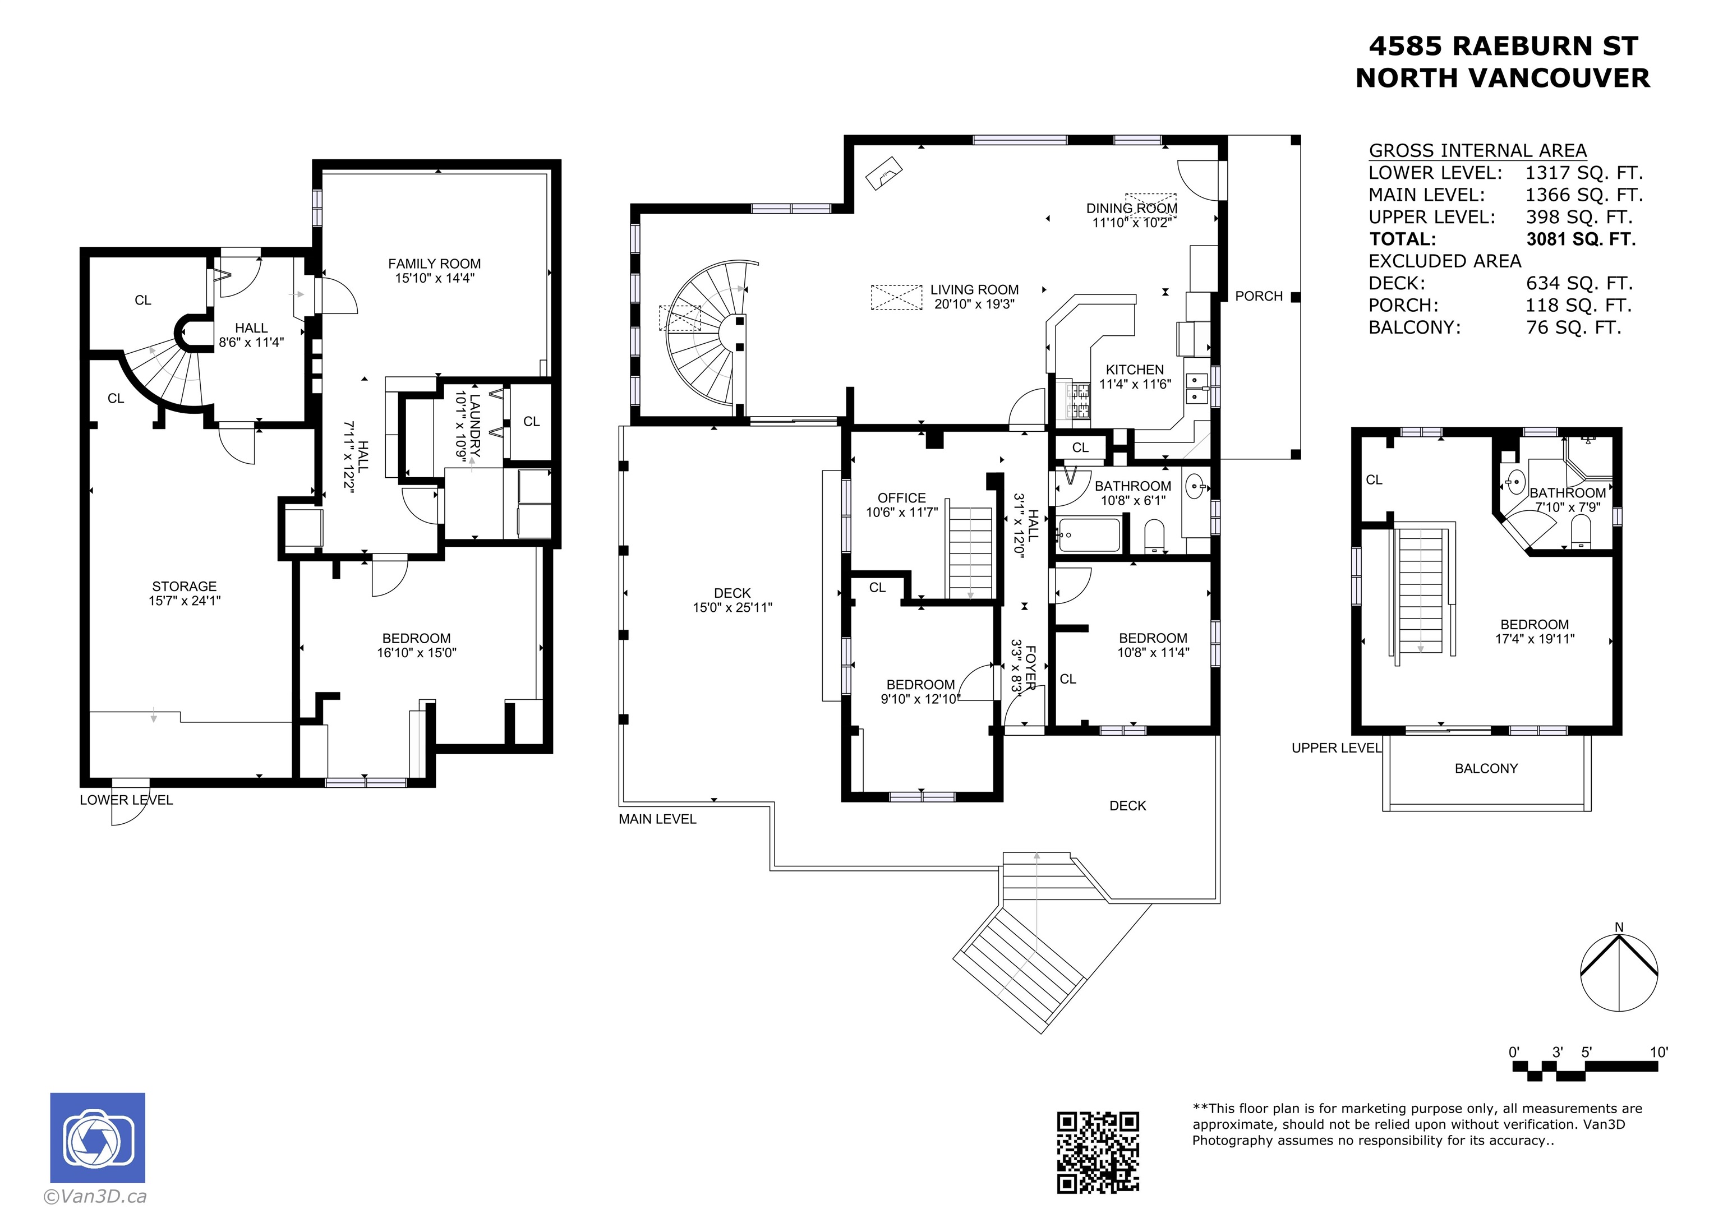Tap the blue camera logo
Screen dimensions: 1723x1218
point(98,1138)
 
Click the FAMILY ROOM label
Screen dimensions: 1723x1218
point(435,264)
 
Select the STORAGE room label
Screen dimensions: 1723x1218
point(185,586)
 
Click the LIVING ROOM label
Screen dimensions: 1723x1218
point(975,290)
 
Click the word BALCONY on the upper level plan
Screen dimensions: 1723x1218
point(1486,768)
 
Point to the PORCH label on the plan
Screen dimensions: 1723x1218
point(1259,297)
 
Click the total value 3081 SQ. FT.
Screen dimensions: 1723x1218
point(1581,239)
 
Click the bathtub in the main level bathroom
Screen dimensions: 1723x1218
point(1088,535)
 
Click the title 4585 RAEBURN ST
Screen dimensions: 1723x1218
point(1503,46)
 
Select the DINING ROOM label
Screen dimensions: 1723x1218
point(1132,208)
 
